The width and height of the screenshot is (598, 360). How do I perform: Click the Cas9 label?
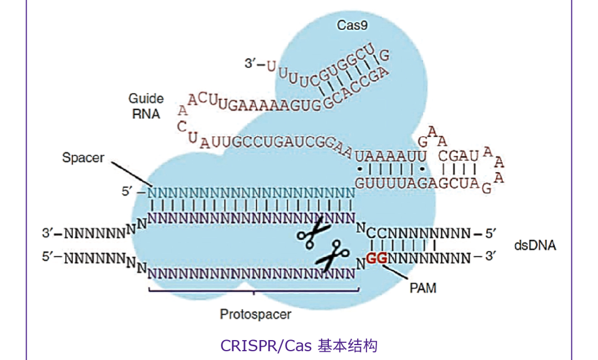[353, 25]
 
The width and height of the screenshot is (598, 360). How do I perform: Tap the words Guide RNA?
[146, 106]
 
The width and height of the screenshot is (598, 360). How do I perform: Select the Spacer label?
[83, 158]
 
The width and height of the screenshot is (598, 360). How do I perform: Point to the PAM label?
[423, 288]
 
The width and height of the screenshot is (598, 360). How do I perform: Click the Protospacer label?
[255, 315]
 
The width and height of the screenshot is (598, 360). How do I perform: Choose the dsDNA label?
[534, 245]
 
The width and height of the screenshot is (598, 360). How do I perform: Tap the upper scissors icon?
[313, 232]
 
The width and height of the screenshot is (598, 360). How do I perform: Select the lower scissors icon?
[332, 256]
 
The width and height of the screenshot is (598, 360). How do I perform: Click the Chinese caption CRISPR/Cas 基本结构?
[299, 346]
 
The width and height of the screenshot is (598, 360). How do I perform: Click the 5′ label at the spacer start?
[128, 193]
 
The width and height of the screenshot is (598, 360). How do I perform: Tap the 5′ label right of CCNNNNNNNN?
[491, 234]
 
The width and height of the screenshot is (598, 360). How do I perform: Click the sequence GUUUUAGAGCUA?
[417, 183]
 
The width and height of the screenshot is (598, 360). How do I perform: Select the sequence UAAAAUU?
[390, 156]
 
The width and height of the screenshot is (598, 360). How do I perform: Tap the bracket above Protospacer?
[254, 289]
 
